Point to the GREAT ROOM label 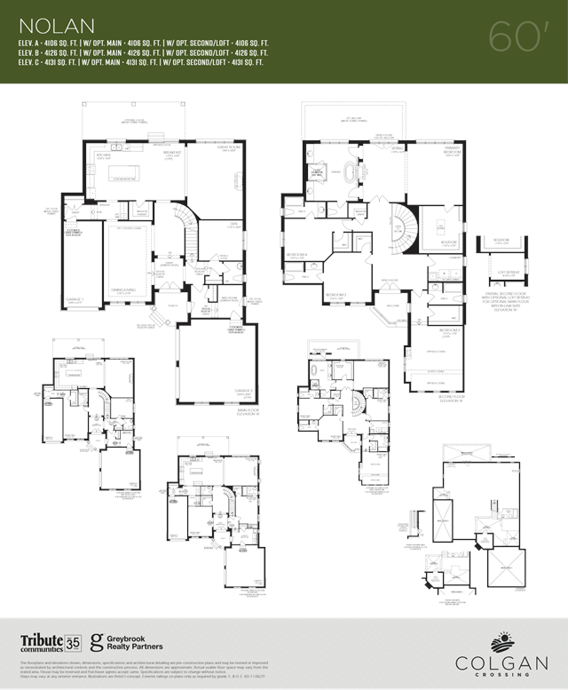208,148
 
